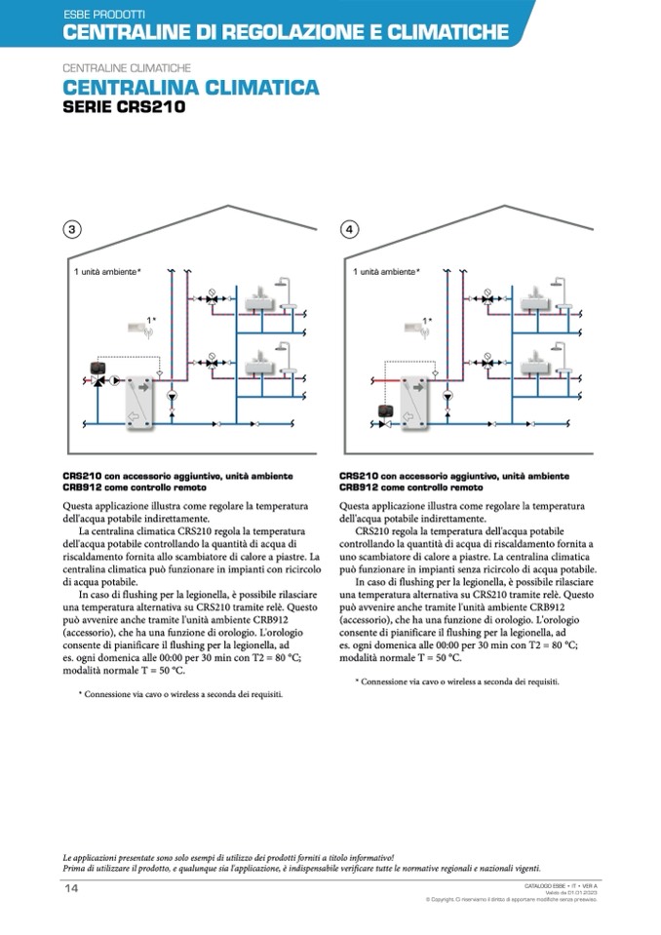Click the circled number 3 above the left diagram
coord(71,230)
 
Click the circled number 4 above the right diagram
coord(350,230)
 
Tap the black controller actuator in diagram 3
coord(98,368)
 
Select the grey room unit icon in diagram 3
coord(137,329)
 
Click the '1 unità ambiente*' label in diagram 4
coord(387,271)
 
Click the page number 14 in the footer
coord(71,888)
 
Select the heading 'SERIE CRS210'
coord(123,107)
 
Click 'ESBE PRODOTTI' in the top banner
coord(104,16)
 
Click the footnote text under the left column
coord(180,695)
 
